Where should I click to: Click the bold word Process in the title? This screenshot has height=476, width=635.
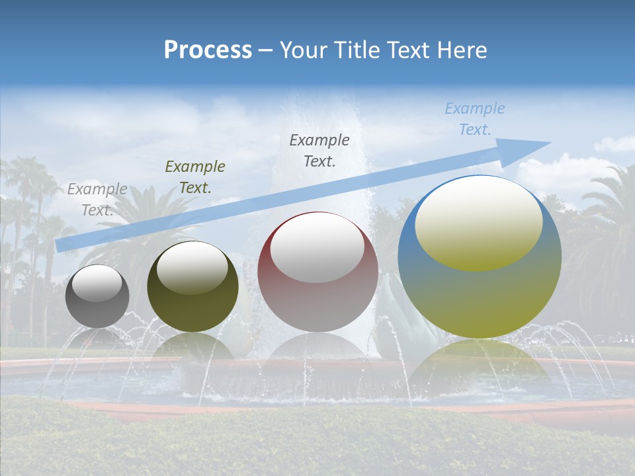tap(208, 50)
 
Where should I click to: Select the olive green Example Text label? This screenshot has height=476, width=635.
tap(195, 177)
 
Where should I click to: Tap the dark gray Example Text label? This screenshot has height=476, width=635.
tap(319, 150)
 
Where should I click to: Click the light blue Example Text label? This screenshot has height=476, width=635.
tap(475, 119)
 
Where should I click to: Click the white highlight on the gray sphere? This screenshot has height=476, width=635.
tap(97, 283)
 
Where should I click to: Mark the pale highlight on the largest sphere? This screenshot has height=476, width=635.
tap(478, 223)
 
